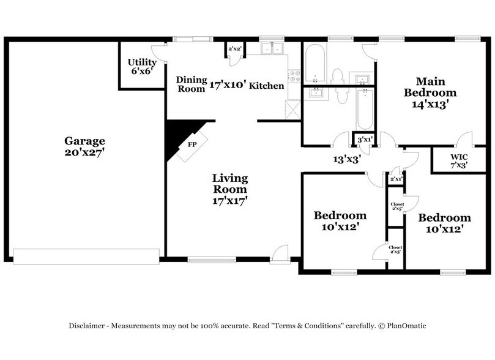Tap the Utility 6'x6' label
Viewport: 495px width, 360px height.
[141, 66]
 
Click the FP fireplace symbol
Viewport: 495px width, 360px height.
[192, 145]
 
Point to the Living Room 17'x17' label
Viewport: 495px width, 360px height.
[230, 188]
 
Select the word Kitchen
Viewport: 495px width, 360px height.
[266, 86]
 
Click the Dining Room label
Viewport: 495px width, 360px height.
[190, 83]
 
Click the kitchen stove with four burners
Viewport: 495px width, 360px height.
[294, 75]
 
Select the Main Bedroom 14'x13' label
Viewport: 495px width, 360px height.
[430, 92]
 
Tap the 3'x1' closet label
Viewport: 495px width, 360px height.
[365, 140]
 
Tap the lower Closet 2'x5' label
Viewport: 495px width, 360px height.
[395, 249]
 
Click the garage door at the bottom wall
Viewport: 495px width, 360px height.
[86, 257]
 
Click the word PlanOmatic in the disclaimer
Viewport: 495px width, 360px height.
[405, 326]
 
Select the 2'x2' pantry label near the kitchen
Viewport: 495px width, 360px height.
[234, 49]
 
